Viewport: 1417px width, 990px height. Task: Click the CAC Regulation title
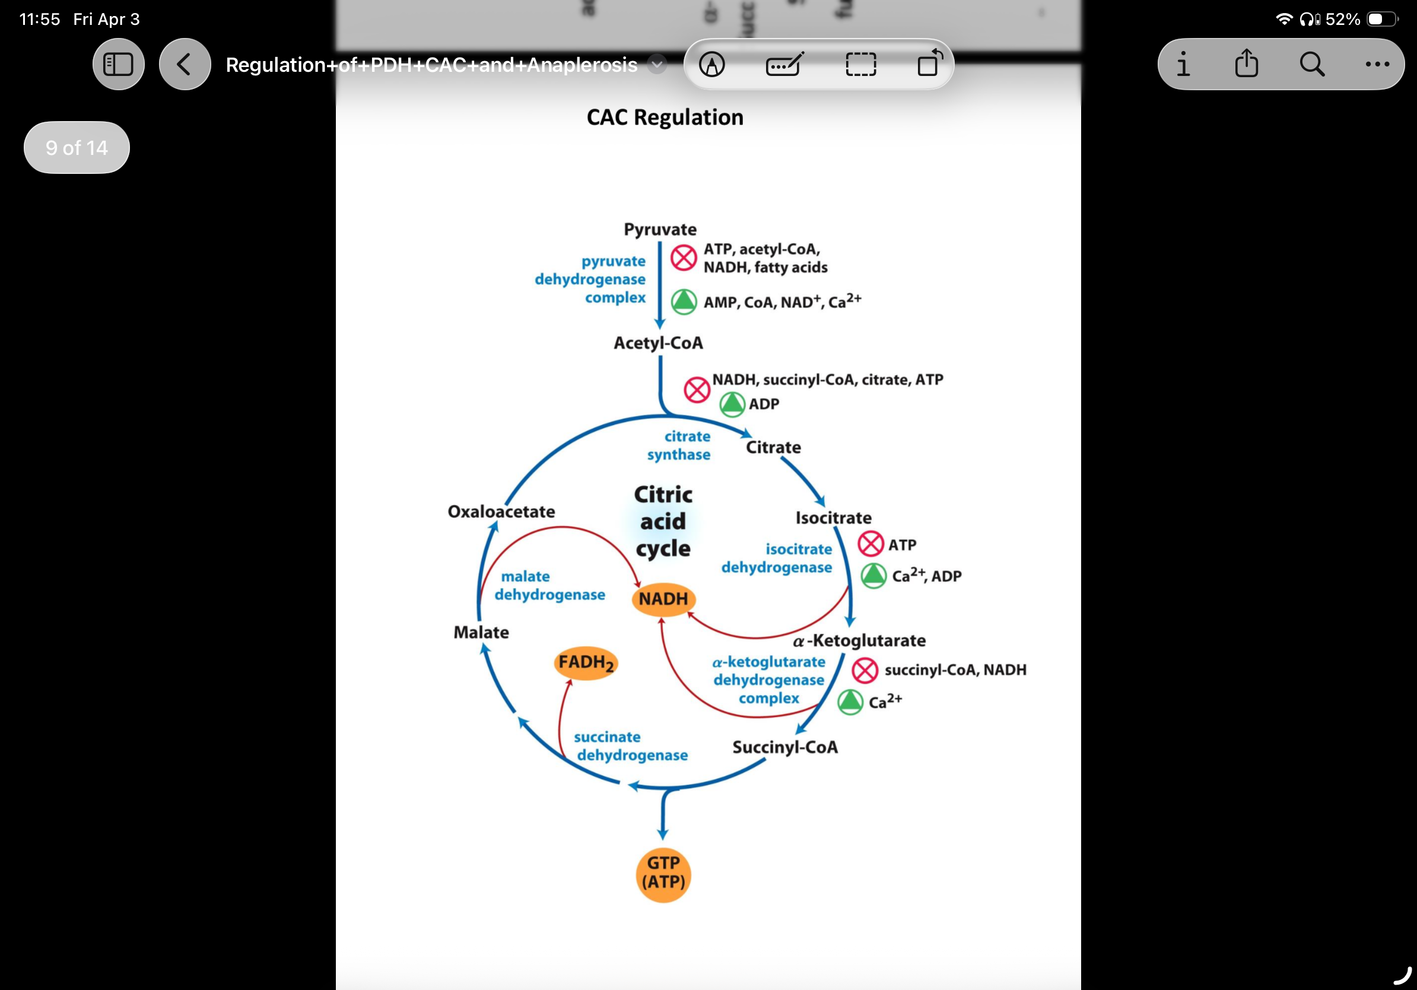pos(665,118)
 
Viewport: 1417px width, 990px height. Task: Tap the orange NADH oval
pos(663,599)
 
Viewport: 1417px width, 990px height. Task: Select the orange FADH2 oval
pos(586,663)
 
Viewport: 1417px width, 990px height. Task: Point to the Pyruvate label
pos(660,230)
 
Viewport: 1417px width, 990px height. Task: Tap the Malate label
pos(481,632)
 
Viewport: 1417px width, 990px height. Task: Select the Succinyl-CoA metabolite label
pos(784,747)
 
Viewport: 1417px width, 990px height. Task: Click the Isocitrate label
pos(833,518)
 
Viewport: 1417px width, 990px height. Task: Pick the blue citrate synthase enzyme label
pos(679,445)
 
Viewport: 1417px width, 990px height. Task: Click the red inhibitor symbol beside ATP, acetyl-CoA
pos(683,258)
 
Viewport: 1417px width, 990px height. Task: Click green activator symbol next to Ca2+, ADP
pos(873,576)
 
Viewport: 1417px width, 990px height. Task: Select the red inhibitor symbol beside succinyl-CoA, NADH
pos(865,670)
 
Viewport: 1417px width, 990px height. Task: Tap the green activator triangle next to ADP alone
pos(732,404)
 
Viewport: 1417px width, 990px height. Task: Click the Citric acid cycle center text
pos(663,521)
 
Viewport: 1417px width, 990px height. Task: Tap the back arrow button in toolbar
pos(185,64)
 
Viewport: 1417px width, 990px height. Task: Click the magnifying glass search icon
pos(1311,64)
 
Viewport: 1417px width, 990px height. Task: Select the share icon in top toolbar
pos(1246,64)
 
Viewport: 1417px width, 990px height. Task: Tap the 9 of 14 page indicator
pos(77,148)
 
